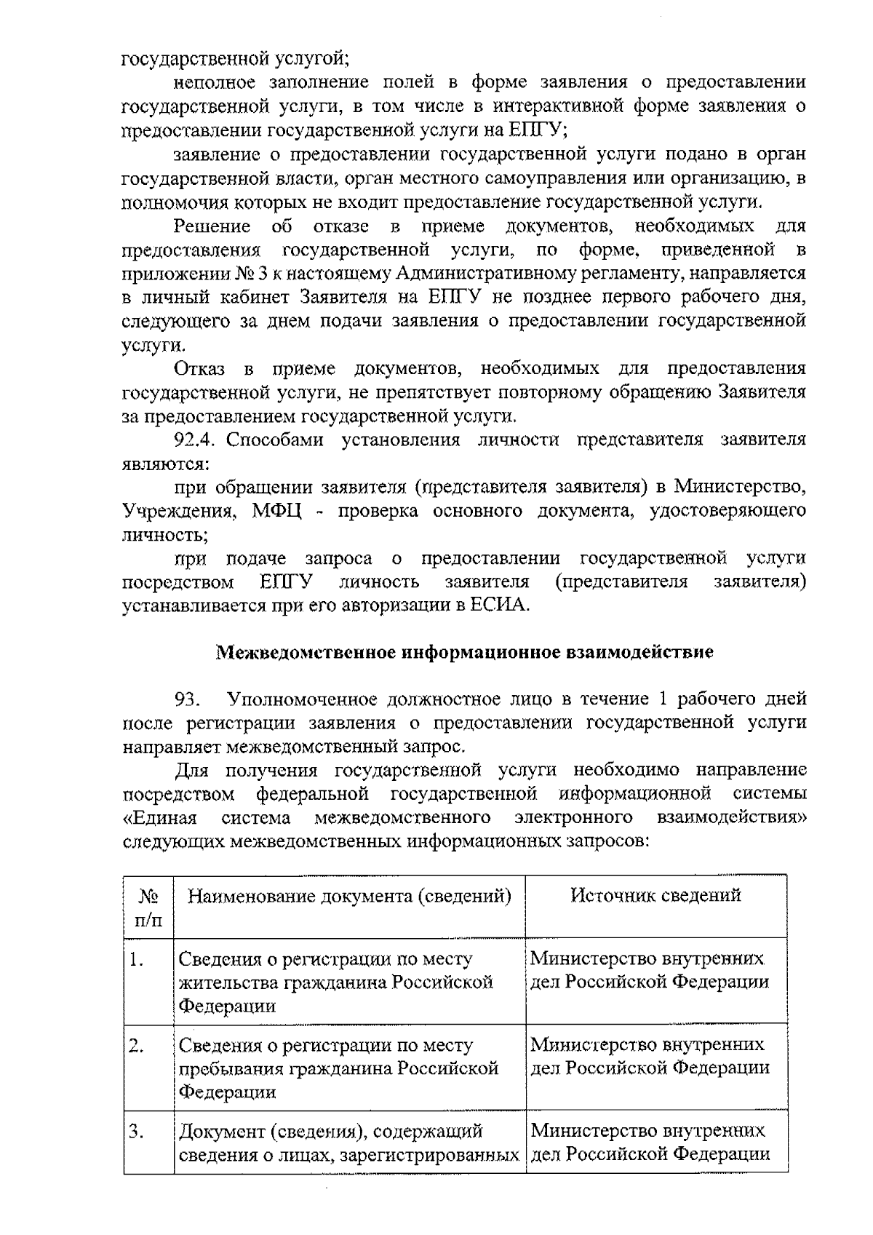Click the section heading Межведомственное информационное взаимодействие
(x=465, y=651)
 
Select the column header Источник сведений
(x=655, y=895)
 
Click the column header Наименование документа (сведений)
(x=349, y=895)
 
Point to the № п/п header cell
(x=148, y=908)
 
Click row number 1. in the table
(x=135, y=960)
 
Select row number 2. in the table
(x=135, y=1046)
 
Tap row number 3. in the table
(x=135, y=1132)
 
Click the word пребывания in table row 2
(x=232, y=1069)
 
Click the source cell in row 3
(x=650, y=1143)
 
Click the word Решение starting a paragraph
(x=212, y=226)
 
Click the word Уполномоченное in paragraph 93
(x=300, y=699)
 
